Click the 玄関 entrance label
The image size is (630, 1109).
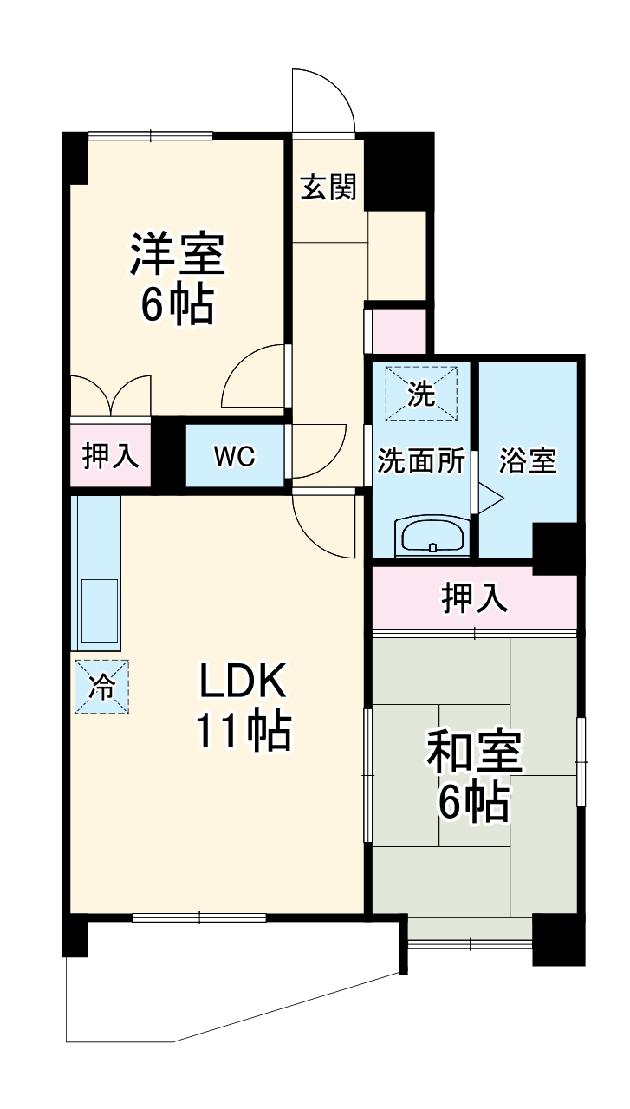[328, 187]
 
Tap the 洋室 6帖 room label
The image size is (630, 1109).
[178, 278]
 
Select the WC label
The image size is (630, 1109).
[235, 456]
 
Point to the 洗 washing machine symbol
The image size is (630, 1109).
[421, 395]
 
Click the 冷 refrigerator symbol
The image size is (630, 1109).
[101, 687]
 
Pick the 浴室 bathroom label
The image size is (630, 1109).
[527, 460]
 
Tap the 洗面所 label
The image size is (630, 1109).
[420, 460]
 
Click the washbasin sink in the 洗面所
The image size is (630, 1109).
[431, 537]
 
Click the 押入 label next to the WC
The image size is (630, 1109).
[110, 456]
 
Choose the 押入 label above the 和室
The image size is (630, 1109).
[474, 598]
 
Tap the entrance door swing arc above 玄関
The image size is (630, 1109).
[322, 100]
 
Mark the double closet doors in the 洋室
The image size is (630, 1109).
[110, 395]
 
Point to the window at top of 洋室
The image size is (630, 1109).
[150, 134]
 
